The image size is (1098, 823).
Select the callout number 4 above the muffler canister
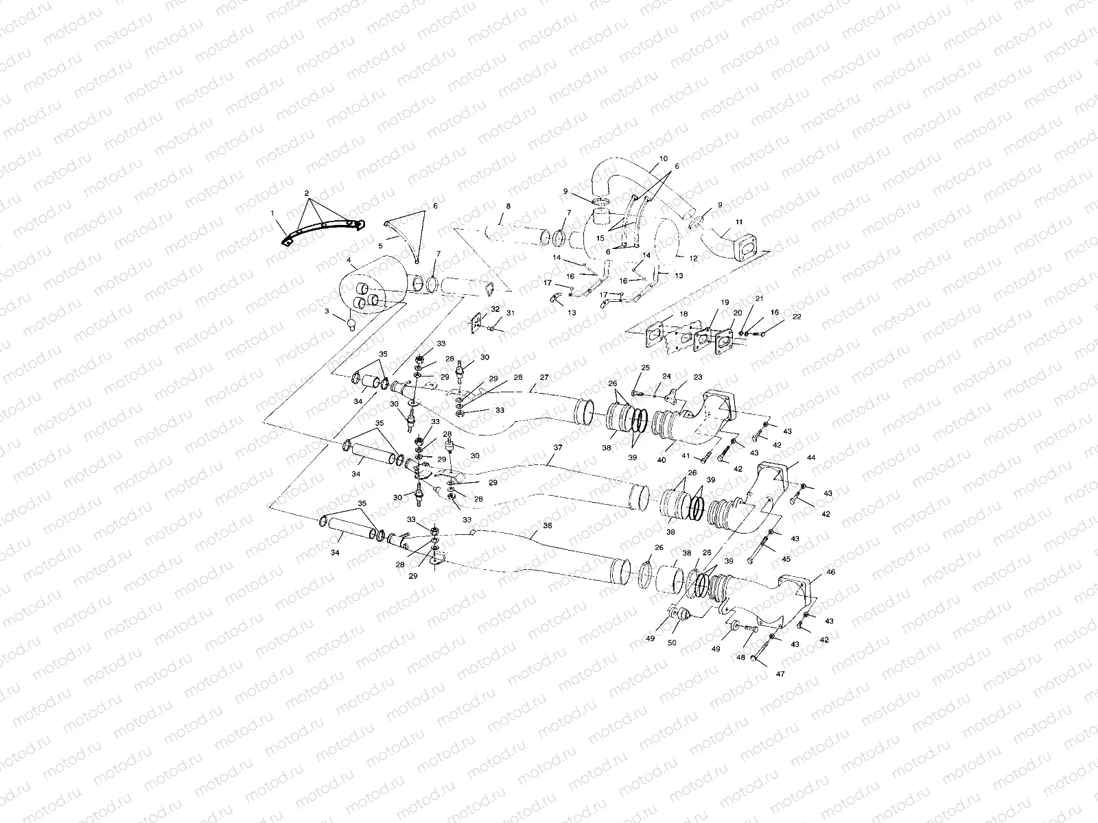click(349, 261)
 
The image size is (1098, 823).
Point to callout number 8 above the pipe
click(508, 206)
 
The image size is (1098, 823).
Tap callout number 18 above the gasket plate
click(683, 313)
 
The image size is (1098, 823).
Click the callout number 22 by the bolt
click(778, 316)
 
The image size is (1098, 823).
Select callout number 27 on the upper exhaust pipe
click(544, 377)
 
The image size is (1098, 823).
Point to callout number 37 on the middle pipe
click(557, 447)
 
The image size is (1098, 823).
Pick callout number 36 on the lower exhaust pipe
click(547, 525)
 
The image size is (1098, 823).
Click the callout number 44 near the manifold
click(811, 457)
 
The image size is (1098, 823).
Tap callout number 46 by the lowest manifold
click(831, 571)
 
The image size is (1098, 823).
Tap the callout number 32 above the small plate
click(495, 309)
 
